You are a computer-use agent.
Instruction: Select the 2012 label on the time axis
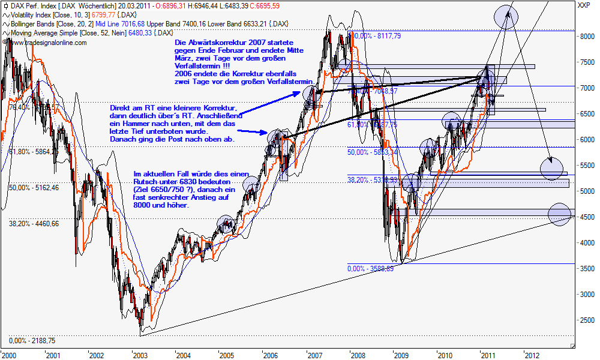point(532,355)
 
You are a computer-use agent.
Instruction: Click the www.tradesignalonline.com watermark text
point(47,43)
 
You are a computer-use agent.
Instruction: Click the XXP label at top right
point(582,6)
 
